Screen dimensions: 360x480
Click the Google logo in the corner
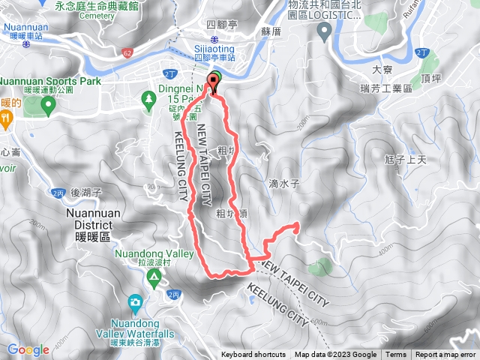pyautogui.click(x=28, y=349)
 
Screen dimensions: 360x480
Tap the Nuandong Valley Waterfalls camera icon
pyautogui.click(x=135, y=301)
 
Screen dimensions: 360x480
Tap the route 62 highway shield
pyautogui.click(x=127, y=52)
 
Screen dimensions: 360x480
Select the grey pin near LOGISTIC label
pyautogui.click(x=325, y=31)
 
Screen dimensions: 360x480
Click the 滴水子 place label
pyautogui.click(x=284, y=182)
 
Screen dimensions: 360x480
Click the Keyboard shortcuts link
pyautogui.click(x=254, y=355)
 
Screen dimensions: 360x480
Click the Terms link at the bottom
pyautogui.click(x=396, y=355)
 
